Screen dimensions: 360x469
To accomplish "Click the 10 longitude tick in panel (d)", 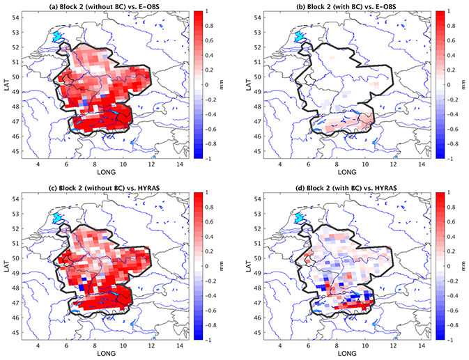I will coord(363,345).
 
